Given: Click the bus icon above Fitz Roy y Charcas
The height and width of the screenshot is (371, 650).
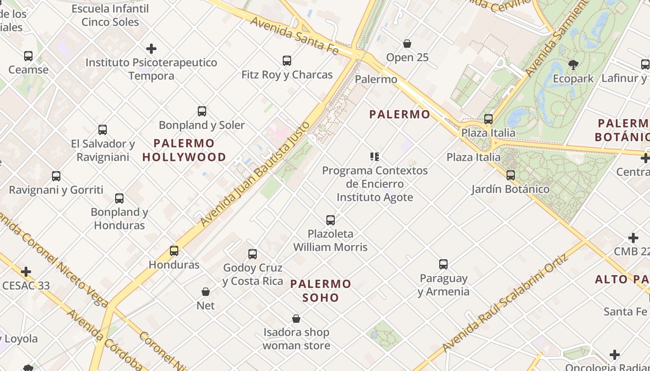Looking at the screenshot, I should (287, 61).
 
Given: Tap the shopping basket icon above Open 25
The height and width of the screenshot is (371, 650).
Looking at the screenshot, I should (407, 44).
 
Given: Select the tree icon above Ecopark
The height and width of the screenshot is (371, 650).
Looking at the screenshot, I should (573, 64).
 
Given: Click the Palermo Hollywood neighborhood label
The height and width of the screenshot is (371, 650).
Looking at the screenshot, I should (184, 150).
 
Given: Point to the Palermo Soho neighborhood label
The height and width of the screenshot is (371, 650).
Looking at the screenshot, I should (321, 290).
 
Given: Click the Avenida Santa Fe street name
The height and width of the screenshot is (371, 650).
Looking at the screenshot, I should (294, 35).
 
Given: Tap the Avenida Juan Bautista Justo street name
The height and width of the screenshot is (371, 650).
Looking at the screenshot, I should (255, 174).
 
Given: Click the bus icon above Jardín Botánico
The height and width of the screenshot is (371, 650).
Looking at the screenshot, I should (511, 175).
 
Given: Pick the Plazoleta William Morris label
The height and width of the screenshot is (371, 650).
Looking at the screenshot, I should (330, 240).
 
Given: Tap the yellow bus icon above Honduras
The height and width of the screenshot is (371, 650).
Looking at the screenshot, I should (174, 251).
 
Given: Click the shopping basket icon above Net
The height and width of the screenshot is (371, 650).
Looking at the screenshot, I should (206, 292).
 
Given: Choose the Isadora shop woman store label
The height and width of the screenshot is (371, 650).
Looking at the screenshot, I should (296, 339).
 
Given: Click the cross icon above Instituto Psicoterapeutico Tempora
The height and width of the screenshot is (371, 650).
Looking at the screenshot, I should (151, 49).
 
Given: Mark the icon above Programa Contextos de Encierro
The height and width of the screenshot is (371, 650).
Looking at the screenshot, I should (375, 157).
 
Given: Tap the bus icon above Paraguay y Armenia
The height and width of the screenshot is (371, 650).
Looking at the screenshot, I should (443, 264).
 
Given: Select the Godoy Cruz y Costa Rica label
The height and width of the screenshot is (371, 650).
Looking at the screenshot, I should (253, 274).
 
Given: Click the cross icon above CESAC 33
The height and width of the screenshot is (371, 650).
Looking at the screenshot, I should (26, 272).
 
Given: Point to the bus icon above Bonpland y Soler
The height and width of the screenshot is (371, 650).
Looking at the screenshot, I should (202, 111).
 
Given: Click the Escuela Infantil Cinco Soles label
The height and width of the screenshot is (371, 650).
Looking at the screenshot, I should (110, 15).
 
